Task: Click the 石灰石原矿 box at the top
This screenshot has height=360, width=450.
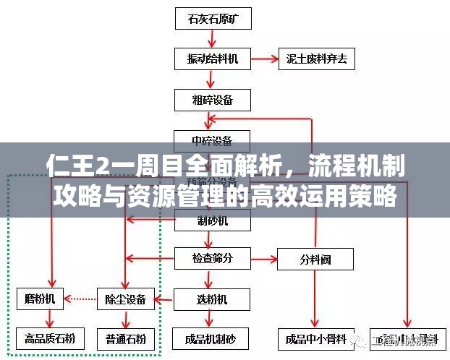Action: coord(213,18)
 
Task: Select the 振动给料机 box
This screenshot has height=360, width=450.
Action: coord(213,59)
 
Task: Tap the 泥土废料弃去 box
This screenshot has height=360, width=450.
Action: coord(317,59)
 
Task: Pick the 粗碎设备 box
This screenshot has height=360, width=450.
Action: coord(213,98)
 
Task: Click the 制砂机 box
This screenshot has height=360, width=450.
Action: coord(213,221)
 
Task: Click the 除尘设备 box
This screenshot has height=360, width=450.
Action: coord(126,298)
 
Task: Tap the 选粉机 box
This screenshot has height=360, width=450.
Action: coord(213,298)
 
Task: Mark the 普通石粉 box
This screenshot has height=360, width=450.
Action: coord(126,338)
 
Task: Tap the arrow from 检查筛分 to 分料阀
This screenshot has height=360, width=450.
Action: coord(264,257)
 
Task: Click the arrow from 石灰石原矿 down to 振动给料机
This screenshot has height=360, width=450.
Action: coord(213,38)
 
